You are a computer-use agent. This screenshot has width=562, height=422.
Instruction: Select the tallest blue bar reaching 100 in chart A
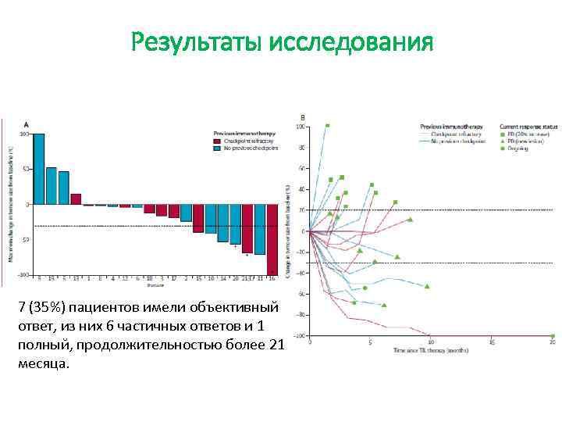click(38, 169)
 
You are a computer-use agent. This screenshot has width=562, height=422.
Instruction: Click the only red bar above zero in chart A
click(76, 199)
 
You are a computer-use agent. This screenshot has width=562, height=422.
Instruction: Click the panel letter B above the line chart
click(303, 118)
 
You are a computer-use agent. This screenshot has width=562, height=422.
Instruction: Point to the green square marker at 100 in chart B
click(328, 125)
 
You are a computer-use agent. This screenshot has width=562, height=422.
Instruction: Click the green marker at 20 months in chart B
click(552, 335)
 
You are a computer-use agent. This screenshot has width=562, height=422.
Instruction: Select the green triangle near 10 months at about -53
click(427, 286)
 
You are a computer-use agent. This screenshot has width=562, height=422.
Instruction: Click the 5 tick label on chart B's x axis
click(371, 342)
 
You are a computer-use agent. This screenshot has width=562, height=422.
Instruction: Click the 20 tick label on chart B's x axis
click(552, 342)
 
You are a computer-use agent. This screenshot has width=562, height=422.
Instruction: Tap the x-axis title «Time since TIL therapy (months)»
click(431, 349)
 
